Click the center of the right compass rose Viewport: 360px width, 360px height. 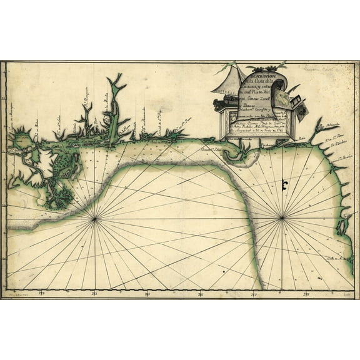[x=282, y=217]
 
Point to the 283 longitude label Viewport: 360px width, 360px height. [x=42, y=292]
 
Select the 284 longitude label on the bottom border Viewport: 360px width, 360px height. [x=94, y=292]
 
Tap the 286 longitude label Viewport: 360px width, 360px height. [x=201, y=292]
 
